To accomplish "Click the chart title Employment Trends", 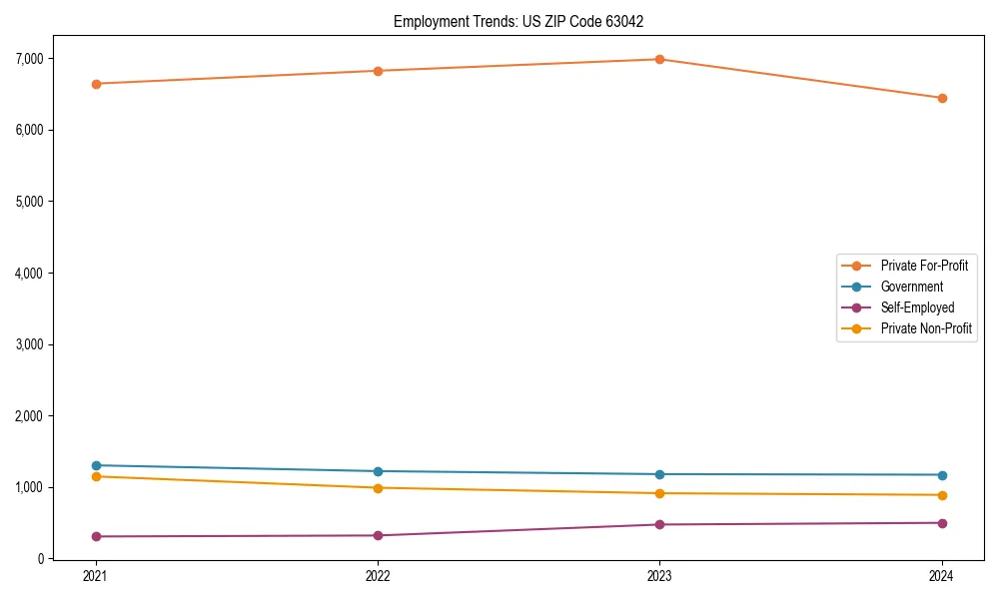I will point(525,21).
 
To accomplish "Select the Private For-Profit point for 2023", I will point(659,59).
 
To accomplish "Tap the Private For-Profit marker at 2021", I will point(96,84).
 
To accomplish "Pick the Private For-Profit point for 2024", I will point(942,98).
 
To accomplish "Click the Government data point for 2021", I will point(96,465).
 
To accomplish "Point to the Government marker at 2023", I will point(659,474).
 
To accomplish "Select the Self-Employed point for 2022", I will point(378,535).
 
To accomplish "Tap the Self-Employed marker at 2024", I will point(942,523).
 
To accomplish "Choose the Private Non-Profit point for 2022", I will point(378,488).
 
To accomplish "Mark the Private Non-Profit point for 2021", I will point(96,476).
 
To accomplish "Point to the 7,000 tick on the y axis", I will point(30,59).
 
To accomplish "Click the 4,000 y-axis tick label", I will point(30,273).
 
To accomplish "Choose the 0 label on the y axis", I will point(42,559).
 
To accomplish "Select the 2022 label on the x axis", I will point(378,576).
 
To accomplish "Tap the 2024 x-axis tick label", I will point(942,576).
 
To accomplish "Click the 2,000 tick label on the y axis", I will point(30,416).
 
